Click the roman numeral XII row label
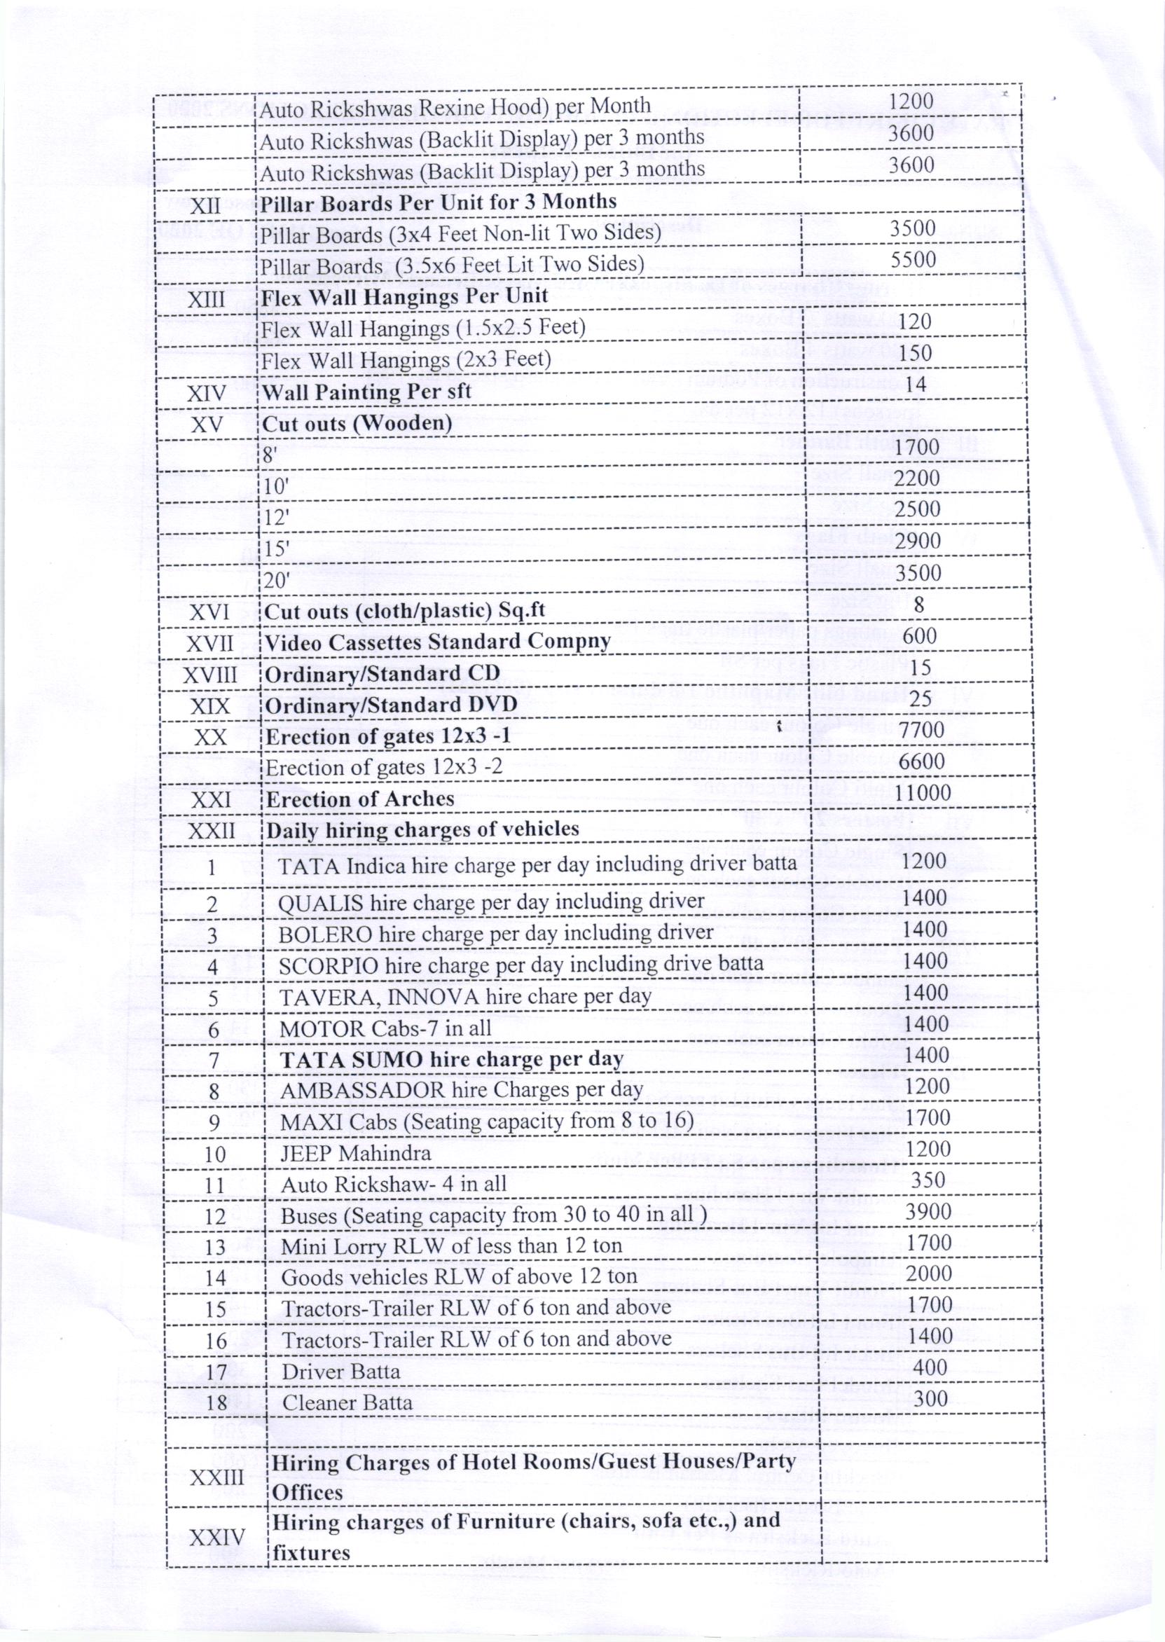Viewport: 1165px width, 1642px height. (x=205, y=206)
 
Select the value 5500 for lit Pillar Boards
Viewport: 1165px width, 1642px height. (x=913, y=260)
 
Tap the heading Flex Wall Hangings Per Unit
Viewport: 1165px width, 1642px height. (x=405, y=296)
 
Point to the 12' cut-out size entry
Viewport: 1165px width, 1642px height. (x=276, y=517)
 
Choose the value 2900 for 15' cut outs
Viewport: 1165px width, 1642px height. (x=918, y=540)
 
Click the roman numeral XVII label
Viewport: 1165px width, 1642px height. (x=209, y=644)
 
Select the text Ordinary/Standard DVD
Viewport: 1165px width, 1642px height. (x=391, y=705)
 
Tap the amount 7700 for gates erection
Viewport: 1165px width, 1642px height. (x=921, y=730)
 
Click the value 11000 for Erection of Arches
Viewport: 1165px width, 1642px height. (x=923, y=793)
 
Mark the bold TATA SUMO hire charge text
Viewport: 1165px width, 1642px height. (x=451, y=1058)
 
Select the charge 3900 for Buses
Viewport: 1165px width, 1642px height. (x=928, y=1212)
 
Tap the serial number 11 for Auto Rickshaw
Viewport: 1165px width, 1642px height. (x=214, y=1185)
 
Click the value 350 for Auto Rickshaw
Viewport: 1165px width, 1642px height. (x=928, y=1180)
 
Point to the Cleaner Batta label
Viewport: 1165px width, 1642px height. (x=347, y=1402)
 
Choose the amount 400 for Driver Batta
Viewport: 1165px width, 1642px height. (x=930, y=1367)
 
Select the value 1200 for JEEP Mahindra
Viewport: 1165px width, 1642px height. (x=928, y=1148)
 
